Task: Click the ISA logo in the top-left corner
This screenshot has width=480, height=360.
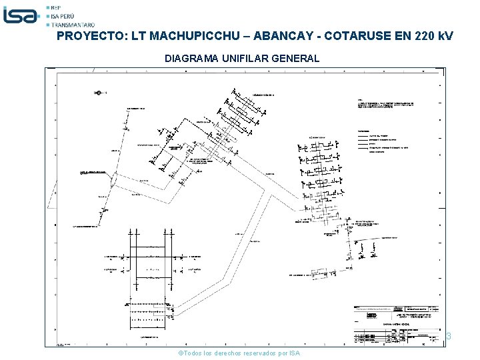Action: [22, 15]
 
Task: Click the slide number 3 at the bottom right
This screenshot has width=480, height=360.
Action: [449, 337]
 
